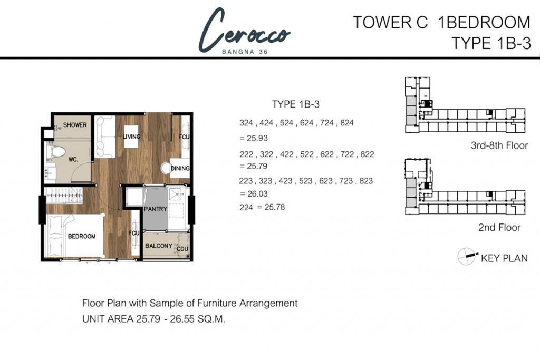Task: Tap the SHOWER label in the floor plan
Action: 75,125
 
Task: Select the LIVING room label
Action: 131,137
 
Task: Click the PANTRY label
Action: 155,209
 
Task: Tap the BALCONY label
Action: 158,246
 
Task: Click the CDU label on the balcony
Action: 182,249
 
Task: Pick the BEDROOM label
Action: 82,237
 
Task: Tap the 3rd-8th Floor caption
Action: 499,146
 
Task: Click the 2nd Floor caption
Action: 498,228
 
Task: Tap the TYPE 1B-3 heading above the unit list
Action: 296,104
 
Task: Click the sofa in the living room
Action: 105,137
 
